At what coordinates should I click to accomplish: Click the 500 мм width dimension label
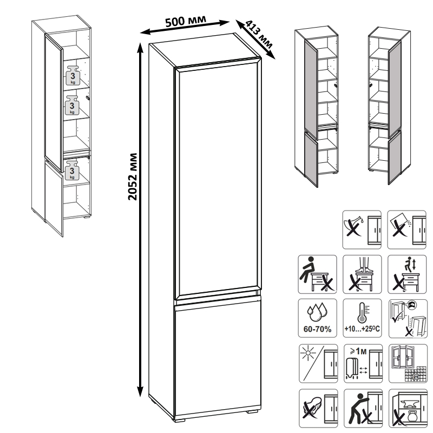click(x=186, y=21)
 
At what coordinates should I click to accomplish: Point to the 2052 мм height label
click(x=133, y=176)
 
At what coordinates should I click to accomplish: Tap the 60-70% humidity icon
click(x=317, y=318)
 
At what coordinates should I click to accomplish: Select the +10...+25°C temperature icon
click(x=362, y=318)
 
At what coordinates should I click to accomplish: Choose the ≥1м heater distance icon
click(x=363, y=363)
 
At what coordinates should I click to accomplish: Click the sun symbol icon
click(x=318, y=363)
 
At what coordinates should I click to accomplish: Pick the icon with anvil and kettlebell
click(x=408, y=409)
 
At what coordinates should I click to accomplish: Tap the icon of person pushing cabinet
click(x=363, y=409)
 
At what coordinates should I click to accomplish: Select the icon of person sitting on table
click(x=317, y=274)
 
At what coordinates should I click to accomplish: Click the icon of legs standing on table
click(x=362, y=274)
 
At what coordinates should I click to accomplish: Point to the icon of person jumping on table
click(x=407, y=274)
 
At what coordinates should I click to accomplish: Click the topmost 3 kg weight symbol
click(x=73, y=75)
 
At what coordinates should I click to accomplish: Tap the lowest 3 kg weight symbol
click(x=72, y=170)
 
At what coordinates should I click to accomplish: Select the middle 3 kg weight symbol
click(x=72, y=105)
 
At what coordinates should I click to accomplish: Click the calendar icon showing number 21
click(x=416, y=375)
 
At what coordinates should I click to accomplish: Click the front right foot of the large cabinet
click(x=252, y=411)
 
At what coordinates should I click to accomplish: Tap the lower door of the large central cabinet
click(x=218, y=356)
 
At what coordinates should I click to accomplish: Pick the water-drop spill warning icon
click(x=362, y=229)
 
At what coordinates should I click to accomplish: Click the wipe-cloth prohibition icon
click(x=318, y=409)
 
